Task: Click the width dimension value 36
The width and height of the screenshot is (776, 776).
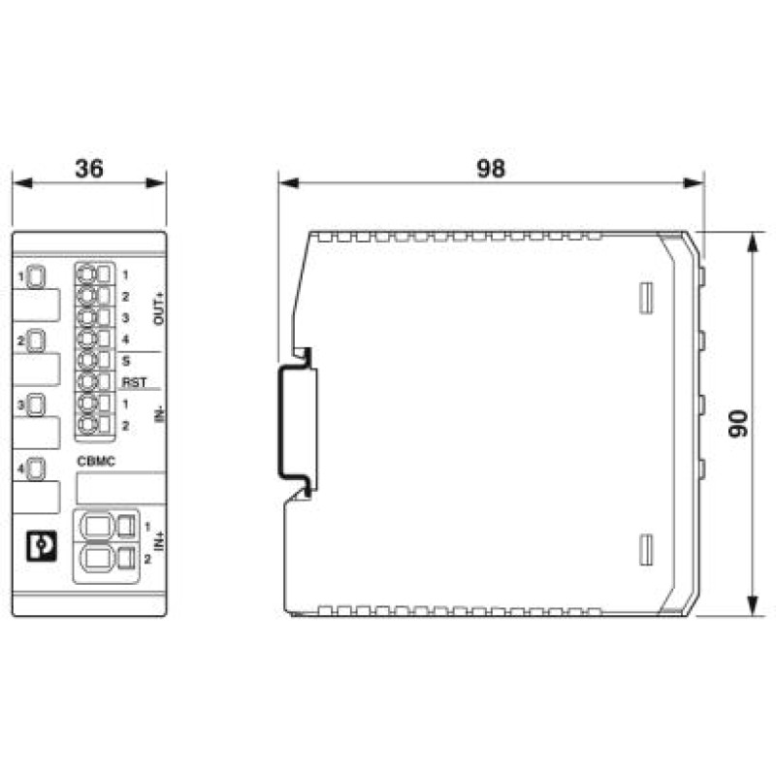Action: click(x=89, y=168)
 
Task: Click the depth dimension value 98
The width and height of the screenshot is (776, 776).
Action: click(x=491, y=168)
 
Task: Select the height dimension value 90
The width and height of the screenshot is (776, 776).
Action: click(x=738, y=423)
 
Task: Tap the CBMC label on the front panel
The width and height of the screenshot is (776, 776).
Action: click(x=96, y=462)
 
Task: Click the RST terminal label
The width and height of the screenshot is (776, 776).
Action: click(x=134, y=382)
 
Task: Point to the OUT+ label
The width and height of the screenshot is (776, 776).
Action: click(x=159, y=308)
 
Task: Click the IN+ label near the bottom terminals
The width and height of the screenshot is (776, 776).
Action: click(x=159, y=541)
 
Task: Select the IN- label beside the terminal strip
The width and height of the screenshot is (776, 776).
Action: click(x=159, y=414)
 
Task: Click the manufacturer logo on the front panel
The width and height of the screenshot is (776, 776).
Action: click(x=42, y=546)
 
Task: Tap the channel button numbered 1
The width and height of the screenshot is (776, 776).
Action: click(x=35, y=276)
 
